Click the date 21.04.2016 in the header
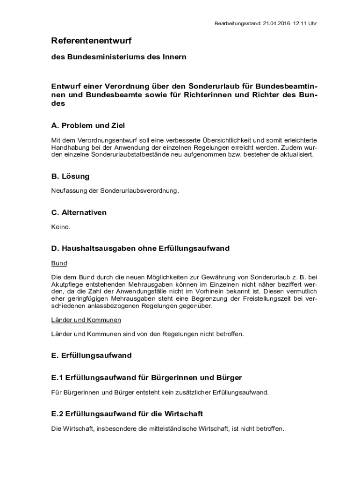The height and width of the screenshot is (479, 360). click(x=276, y=23)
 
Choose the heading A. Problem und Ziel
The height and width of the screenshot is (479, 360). click(x=88, y=126)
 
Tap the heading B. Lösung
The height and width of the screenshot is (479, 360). click(x=70, y=176)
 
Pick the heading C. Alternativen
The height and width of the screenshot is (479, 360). click(x=79, y=212)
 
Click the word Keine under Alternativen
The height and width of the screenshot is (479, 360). click(x=61, y=227)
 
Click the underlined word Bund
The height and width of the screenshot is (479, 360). click(x=59, y=263)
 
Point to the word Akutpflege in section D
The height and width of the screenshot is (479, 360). click(x=66, y=284)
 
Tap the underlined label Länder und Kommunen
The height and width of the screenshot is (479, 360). click(x=86, y=320)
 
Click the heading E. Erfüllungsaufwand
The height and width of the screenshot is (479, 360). click(x=91, y=356)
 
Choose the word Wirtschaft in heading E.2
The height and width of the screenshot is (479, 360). click(x=185, y=414)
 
